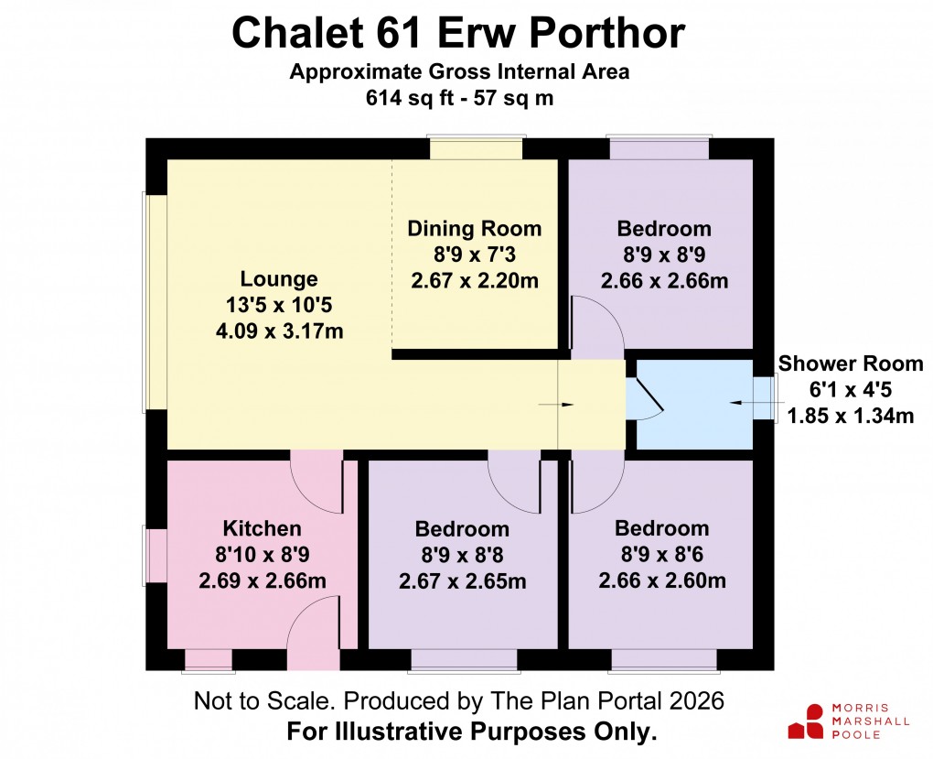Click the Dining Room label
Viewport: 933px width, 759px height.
(x=475, y=228)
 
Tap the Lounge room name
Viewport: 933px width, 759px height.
(x=279, y=279)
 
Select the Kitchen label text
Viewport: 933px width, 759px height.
(x=262, y=528)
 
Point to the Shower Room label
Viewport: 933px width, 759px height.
(x=851, y=363)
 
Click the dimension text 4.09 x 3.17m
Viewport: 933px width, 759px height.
(x=279, y=331)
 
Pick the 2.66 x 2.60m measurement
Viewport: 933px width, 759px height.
(x=662, y=580)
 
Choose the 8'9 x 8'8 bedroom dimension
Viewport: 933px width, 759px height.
(x=462, y=555)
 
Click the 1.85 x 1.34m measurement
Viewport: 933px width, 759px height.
(x=851, y=417)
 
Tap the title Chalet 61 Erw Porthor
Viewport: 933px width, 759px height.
(x=458, y=34)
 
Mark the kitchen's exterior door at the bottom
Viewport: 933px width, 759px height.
(x=314, y=631)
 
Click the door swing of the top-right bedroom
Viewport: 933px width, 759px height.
(x=596, y=327)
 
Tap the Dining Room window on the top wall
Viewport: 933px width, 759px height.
(x=477, y=148)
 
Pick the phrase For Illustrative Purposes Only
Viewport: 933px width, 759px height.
(x=472, y=732)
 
